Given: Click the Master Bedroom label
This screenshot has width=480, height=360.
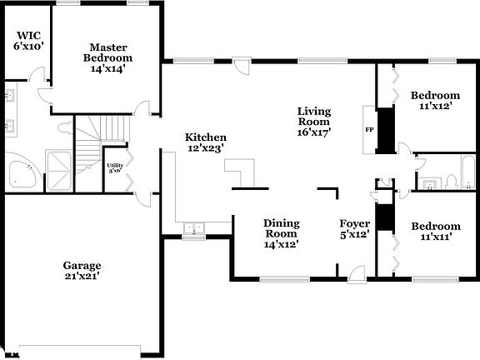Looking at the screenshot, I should (x=110, y=58).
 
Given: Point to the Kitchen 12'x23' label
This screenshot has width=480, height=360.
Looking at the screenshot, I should (x=206, y=142).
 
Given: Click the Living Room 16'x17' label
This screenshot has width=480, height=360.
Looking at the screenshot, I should (x=315, y=121).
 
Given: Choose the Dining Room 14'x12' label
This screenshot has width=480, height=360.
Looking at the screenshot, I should (x=281, y=233).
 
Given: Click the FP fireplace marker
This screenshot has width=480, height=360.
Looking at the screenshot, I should (x=369, y=131).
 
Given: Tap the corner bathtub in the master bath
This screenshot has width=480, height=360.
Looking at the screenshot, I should (x=21, y=172).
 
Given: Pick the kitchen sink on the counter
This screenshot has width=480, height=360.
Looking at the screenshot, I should (x=194, y=227).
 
